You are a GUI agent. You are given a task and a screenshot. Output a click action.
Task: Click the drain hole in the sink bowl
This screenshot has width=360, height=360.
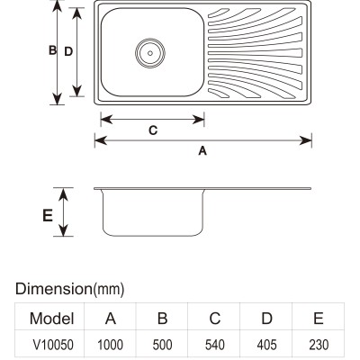tap(150, 53)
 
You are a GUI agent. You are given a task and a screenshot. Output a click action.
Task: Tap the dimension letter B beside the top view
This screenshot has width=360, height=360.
tap(52, 50)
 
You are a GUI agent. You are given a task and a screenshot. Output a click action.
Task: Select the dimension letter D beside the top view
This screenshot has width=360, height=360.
tap(68, 51)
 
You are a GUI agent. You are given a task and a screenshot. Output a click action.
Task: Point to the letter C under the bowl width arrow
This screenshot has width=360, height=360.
tap(153, 130)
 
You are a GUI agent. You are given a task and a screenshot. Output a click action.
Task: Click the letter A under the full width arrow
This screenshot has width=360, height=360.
tap(202, 150)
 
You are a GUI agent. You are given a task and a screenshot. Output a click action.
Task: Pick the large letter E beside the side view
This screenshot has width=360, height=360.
tap(48, 215)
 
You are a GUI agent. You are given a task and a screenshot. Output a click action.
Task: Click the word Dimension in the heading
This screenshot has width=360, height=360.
tap(53, 289)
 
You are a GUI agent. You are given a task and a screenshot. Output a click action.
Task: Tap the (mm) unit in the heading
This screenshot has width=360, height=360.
tap(108, 289)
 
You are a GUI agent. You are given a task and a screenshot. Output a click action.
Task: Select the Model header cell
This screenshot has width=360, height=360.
tap(52, 319)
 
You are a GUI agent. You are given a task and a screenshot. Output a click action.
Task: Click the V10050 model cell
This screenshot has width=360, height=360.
tap(53, 345)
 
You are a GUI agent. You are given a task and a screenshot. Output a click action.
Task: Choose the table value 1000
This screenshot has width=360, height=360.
tap(111, 345)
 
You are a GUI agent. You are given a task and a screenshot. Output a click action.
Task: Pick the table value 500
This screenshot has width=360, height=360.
tap(162, 345)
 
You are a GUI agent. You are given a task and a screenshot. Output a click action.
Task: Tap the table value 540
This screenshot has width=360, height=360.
tap(215, 345)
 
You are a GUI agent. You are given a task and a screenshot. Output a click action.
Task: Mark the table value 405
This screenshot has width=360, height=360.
tap(266, 345)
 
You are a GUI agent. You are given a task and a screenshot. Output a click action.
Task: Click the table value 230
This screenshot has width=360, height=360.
tap(319, 345)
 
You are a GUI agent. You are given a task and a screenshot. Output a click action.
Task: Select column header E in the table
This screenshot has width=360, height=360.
tap(319, 319)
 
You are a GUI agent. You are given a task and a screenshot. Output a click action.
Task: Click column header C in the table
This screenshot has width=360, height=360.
tap(215, 319)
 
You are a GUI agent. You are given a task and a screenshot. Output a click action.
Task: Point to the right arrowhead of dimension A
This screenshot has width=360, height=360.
tap(306, 140)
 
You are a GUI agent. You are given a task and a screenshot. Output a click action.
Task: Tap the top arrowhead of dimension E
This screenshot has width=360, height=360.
tap(63, 194)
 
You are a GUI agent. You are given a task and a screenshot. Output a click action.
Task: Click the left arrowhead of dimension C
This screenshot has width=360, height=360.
tap(106, 120)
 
